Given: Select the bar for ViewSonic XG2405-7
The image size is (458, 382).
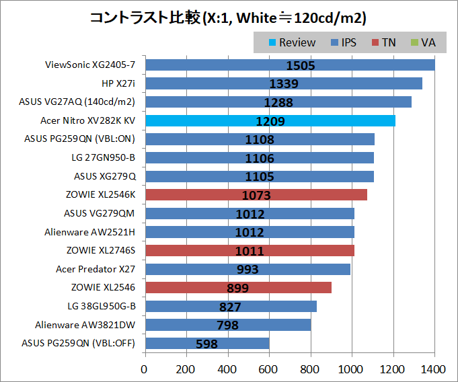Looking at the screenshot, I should pyautogui.click(x=290, y=65).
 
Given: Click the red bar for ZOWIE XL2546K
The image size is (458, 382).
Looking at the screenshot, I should pyautogui.click(x=256, y=195).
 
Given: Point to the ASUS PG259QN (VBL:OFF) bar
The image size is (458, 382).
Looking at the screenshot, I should pyautogui.click(x=207, y=343).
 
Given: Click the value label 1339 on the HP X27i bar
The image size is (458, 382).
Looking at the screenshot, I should pyautogui.click(x=284, y=84).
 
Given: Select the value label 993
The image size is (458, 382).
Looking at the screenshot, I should pyautogui.click(x=248, y=269).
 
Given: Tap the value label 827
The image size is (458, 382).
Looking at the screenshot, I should pyautogui.click(x=231, y=306).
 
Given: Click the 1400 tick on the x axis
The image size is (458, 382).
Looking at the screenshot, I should pyautogui.click(x=434, y=369).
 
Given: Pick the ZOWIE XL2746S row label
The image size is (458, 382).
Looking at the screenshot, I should pyautogui.click(x=100, y=250).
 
